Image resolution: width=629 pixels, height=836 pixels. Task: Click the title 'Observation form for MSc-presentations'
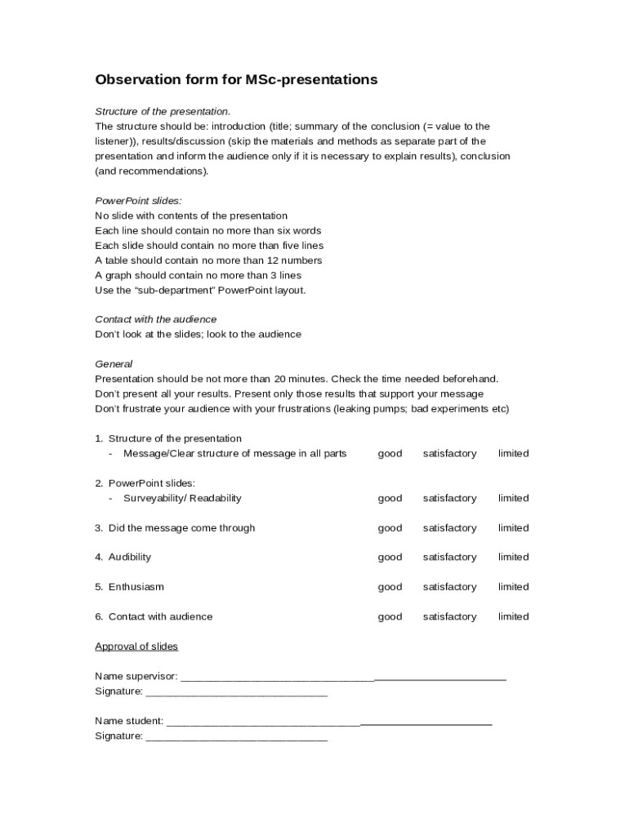point(236,80)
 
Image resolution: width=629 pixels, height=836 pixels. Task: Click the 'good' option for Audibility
point(390,558)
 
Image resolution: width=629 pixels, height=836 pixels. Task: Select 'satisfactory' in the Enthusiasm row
point(449,587)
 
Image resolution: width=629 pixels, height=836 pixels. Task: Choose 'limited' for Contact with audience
point(513,617)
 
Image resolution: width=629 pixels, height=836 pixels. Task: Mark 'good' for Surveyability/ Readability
point(390,498)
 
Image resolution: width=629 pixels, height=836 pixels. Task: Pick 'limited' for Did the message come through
point(513,528)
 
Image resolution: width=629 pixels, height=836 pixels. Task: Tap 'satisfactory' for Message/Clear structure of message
point(449,454)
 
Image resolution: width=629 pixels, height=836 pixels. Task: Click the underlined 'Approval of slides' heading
point(136,647)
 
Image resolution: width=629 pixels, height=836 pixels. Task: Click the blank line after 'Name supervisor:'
point(343,677)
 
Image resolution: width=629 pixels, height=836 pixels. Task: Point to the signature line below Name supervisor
point(236,692)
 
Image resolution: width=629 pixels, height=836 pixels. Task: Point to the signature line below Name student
point(236,737)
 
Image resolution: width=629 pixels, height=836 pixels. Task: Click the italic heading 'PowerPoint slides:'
point(138,201)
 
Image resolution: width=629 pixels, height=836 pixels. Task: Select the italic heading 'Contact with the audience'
point(155,319)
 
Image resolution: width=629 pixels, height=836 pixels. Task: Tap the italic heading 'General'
point(114,364)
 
